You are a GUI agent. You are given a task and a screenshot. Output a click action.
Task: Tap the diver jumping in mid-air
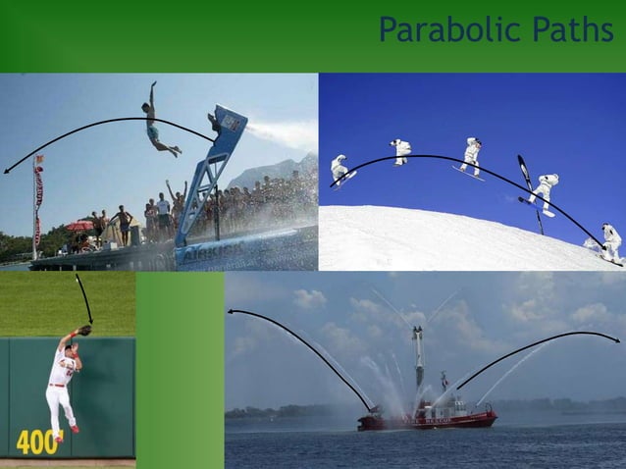[x=157, y=124]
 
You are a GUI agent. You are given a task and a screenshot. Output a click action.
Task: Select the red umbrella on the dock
[x=79, y=226]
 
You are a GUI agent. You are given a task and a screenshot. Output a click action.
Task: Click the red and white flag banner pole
[x=37, y=206]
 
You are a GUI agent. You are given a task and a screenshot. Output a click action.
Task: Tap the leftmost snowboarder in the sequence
[x=339, y=168]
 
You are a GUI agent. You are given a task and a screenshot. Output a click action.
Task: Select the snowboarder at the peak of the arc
[x=401, y=150]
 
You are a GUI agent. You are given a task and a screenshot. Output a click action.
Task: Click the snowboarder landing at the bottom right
[x=611, y=241]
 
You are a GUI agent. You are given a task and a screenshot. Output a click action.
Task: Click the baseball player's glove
[x=85, y=331]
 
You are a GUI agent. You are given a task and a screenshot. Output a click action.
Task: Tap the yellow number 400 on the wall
[x=37, y=443]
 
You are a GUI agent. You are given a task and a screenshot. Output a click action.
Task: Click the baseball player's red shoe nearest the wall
[x=75, y=429]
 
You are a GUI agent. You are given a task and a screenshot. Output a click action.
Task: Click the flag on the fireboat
[x=443, y=379]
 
